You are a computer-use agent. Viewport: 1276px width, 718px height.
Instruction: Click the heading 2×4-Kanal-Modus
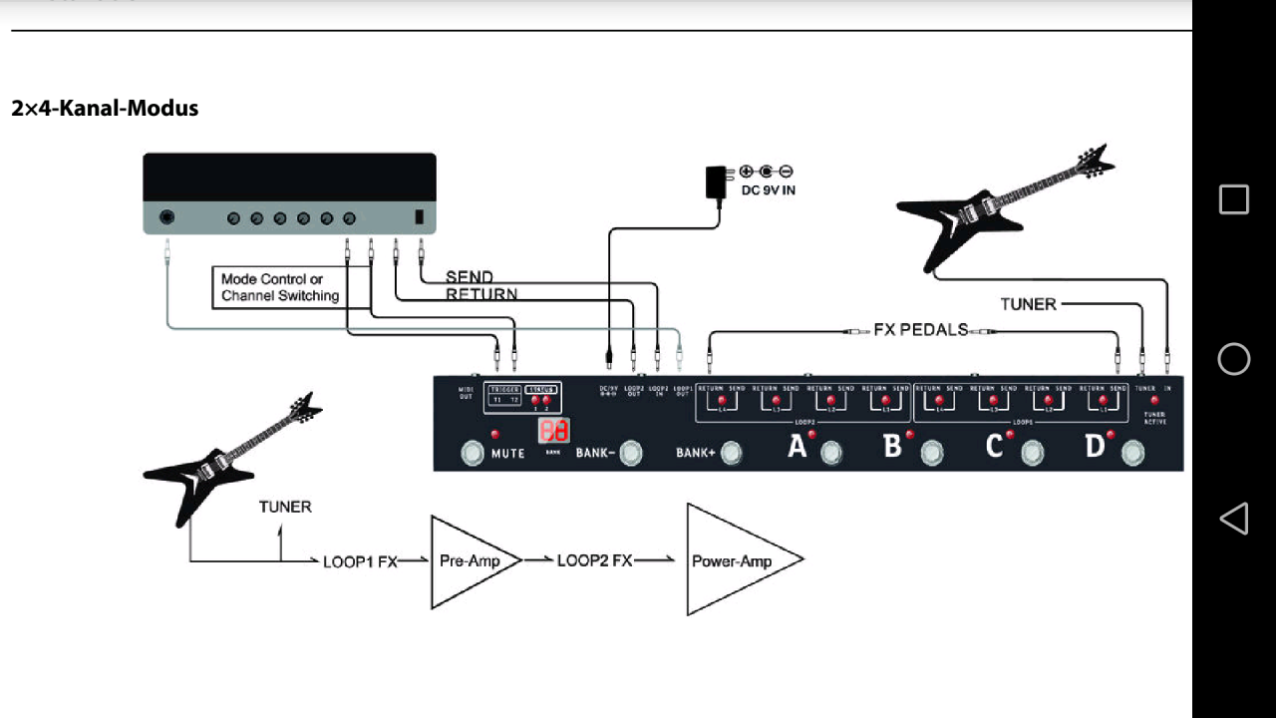pyautogui.click(x=105, y=108)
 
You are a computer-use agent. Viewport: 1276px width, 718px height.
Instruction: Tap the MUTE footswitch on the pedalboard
pyautogui.click(x=472, y=455)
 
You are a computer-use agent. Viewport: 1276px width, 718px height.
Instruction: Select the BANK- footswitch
pyautogui.click(x=630, y=454)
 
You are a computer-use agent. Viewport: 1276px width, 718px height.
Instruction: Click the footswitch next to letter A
pyautogui.click(x=830, y=454)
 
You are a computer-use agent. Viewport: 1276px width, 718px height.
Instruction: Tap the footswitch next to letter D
pyautogui.click(x=1132, y=454)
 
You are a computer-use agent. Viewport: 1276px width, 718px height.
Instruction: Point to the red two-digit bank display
pyautogui.click(x=554, y=431)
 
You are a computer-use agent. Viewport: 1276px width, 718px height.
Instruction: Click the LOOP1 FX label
pyautogui.click(x=360, y=561)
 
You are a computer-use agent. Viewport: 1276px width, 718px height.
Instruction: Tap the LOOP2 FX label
pyautogui.click(x=594, y=560)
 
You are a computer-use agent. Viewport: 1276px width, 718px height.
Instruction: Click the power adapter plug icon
pyautogui.click(x=716, y=183)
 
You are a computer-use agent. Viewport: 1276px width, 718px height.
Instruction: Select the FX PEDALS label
pyautogui.click(x=920, y=329)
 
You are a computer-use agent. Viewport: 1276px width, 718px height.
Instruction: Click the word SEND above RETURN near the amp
pyautogui.click(x=470, y=276)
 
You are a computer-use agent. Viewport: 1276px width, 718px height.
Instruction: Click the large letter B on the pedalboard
pyautogui.click(x=892, y=446)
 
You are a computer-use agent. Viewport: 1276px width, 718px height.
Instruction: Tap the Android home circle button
pyautogui.click(x=1234, y=359)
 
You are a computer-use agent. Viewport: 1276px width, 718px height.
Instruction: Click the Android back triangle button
pyautogui.click(x=1234, y=519)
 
